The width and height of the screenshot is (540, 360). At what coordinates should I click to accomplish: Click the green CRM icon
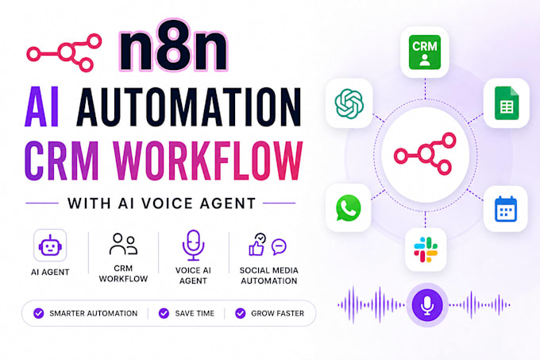[425, 52]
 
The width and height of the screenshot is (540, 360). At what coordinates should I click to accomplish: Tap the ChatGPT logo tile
[349, 103]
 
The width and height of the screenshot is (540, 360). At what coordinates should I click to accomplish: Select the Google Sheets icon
[507, 103]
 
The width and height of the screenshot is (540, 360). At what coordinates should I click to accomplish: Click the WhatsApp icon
[348, 207]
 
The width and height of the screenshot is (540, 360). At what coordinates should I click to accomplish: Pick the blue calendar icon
[506, 209]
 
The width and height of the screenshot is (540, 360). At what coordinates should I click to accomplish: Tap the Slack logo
[426, 250]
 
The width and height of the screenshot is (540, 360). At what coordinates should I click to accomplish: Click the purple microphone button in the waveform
[427, 305]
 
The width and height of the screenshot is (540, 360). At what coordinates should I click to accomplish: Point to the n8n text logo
[174, 45]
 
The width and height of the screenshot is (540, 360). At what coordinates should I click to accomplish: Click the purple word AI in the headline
[42, 107]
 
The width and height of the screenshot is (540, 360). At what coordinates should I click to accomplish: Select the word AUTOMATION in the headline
[189, 107]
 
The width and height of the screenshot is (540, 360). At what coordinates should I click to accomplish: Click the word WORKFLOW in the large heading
[208, 161]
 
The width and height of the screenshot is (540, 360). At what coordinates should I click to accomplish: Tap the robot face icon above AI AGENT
[50, 246]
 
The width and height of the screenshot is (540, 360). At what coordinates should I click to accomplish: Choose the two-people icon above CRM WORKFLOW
[123, 244]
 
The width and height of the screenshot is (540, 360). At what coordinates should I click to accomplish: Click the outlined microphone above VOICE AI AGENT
[193, 246]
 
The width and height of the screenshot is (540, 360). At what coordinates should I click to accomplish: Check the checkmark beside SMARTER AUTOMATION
[39, 313]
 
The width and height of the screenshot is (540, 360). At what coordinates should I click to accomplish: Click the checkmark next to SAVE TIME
[164, 313]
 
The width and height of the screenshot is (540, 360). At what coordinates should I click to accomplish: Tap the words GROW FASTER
[278, 313]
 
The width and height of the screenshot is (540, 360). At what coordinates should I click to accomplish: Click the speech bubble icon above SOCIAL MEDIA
[279, 246]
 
